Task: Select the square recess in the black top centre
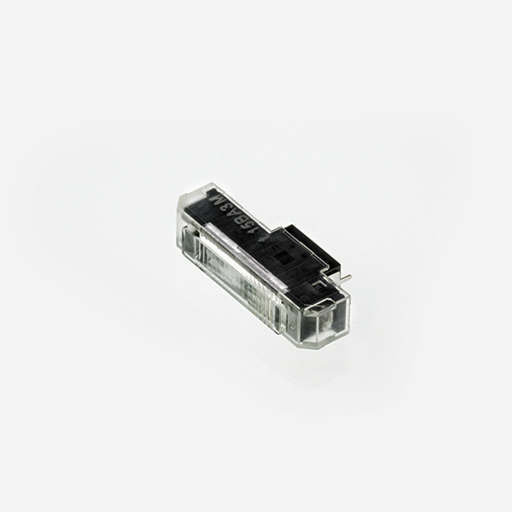[281, 257]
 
